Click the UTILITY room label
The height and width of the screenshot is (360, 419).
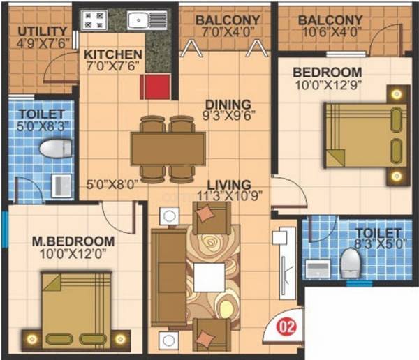(x=43, y=31)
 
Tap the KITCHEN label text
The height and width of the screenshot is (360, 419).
(x=113, y=54)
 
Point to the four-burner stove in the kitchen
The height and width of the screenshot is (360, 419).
(x=94, y=19)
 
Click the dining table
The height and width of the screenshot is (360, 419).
(x=168, y=149)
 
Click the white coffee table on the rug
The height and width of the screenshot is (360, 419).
(x=209, y=276)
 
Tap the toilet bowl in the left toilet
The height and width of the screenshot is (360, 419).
(x=55, y=149)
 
